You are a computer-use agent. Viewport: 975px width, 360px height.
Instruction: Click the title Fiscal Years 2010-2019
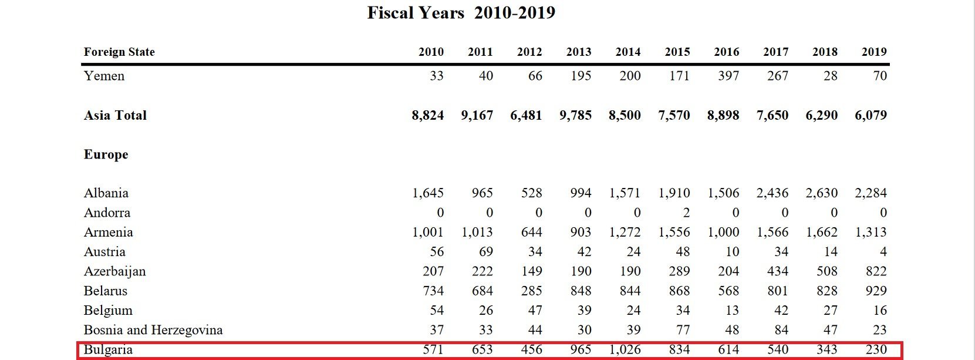coord(461,13)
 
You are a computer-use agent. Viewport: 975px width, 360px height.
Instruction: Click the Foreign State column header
coord(119,52)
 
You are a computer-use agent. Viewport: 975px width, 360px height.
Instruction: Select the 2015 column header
coord(677,52)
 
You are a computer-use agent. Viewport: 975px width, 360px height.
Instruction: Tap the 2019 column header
coord(873,52)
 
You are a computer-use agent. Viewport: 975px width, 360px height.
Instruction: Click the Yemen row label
coord(104,76)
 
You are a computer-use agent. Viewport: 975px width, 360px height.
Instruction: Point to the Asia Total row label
coord(115,115)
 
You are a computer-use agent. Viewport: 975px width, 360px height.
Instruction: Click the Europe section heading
coord(106,154)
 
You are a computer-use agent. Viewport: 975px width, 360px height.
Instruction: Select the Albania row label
coord(106,193)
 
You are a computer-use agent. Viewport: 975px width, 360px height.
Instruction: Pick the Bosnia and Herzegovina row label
coord(153,330)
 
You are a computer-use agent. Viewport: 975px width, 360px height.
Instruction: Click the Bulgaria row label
coord(108,349)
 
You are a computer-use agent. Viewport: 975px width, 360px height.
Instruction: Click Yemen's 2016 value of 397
coord(728,76)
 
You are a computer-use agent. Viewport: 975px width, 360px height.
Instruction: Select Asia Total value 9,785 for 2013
coord(575,115)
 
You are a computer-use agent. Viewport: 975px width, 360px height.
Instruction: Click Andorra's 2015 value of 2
coord(686,213)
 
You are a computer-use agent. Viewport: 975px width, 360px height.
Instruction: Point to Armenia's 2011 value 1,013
coord(477,232)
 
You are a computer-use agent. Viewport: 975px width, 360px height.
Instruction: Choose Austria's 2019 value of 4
coord(883,252)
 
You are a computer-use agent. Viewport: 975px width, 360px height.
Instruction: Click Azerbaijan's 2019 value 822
coord(876,271)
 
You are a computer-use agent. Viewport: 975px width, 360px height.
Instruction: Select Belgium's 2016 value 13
coord(731,311)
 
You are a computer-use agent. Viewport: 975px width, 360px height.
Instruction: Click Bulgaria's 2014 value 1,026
coord(625,349)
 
